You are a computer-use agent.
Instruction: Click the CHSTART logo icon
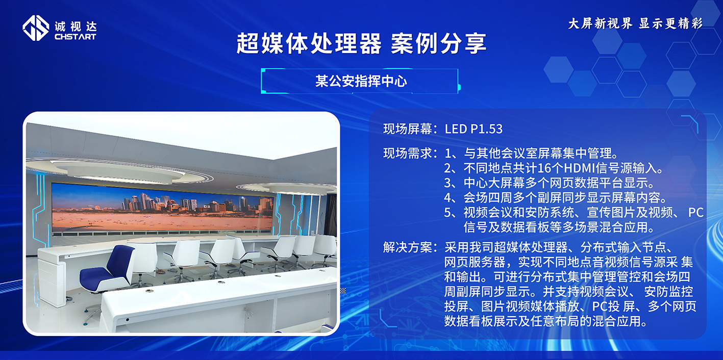pos(35,28)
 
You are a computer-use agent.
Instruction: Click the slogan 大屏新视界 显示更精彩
pos(635,23)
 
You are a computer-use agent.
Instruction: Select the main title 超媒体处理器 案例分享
pos(361,44)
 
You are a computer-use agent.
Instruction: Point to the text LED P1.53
pos(473,129)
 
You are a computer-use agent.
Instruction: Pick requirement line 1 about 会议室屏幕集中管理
pos(531,153)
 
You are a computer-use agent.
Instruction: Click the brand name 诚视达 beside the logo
pos(75,25)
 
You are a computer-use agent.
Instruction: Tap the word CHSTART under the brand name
pos(75,37)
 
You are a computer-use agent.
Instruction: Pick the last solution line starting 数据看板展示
pos(545,322)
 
